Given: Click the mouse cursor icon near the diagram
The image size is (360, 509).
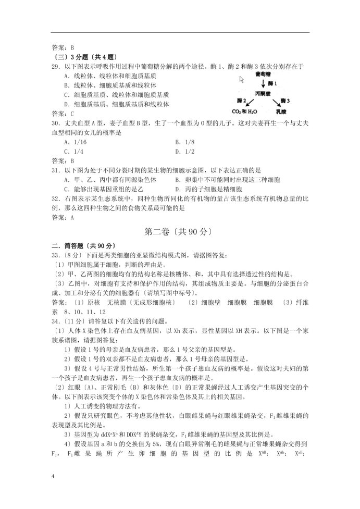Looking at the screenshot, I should coord(242,80).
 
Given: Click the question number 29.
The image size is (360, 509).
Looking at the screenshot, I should coord(55,66).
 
